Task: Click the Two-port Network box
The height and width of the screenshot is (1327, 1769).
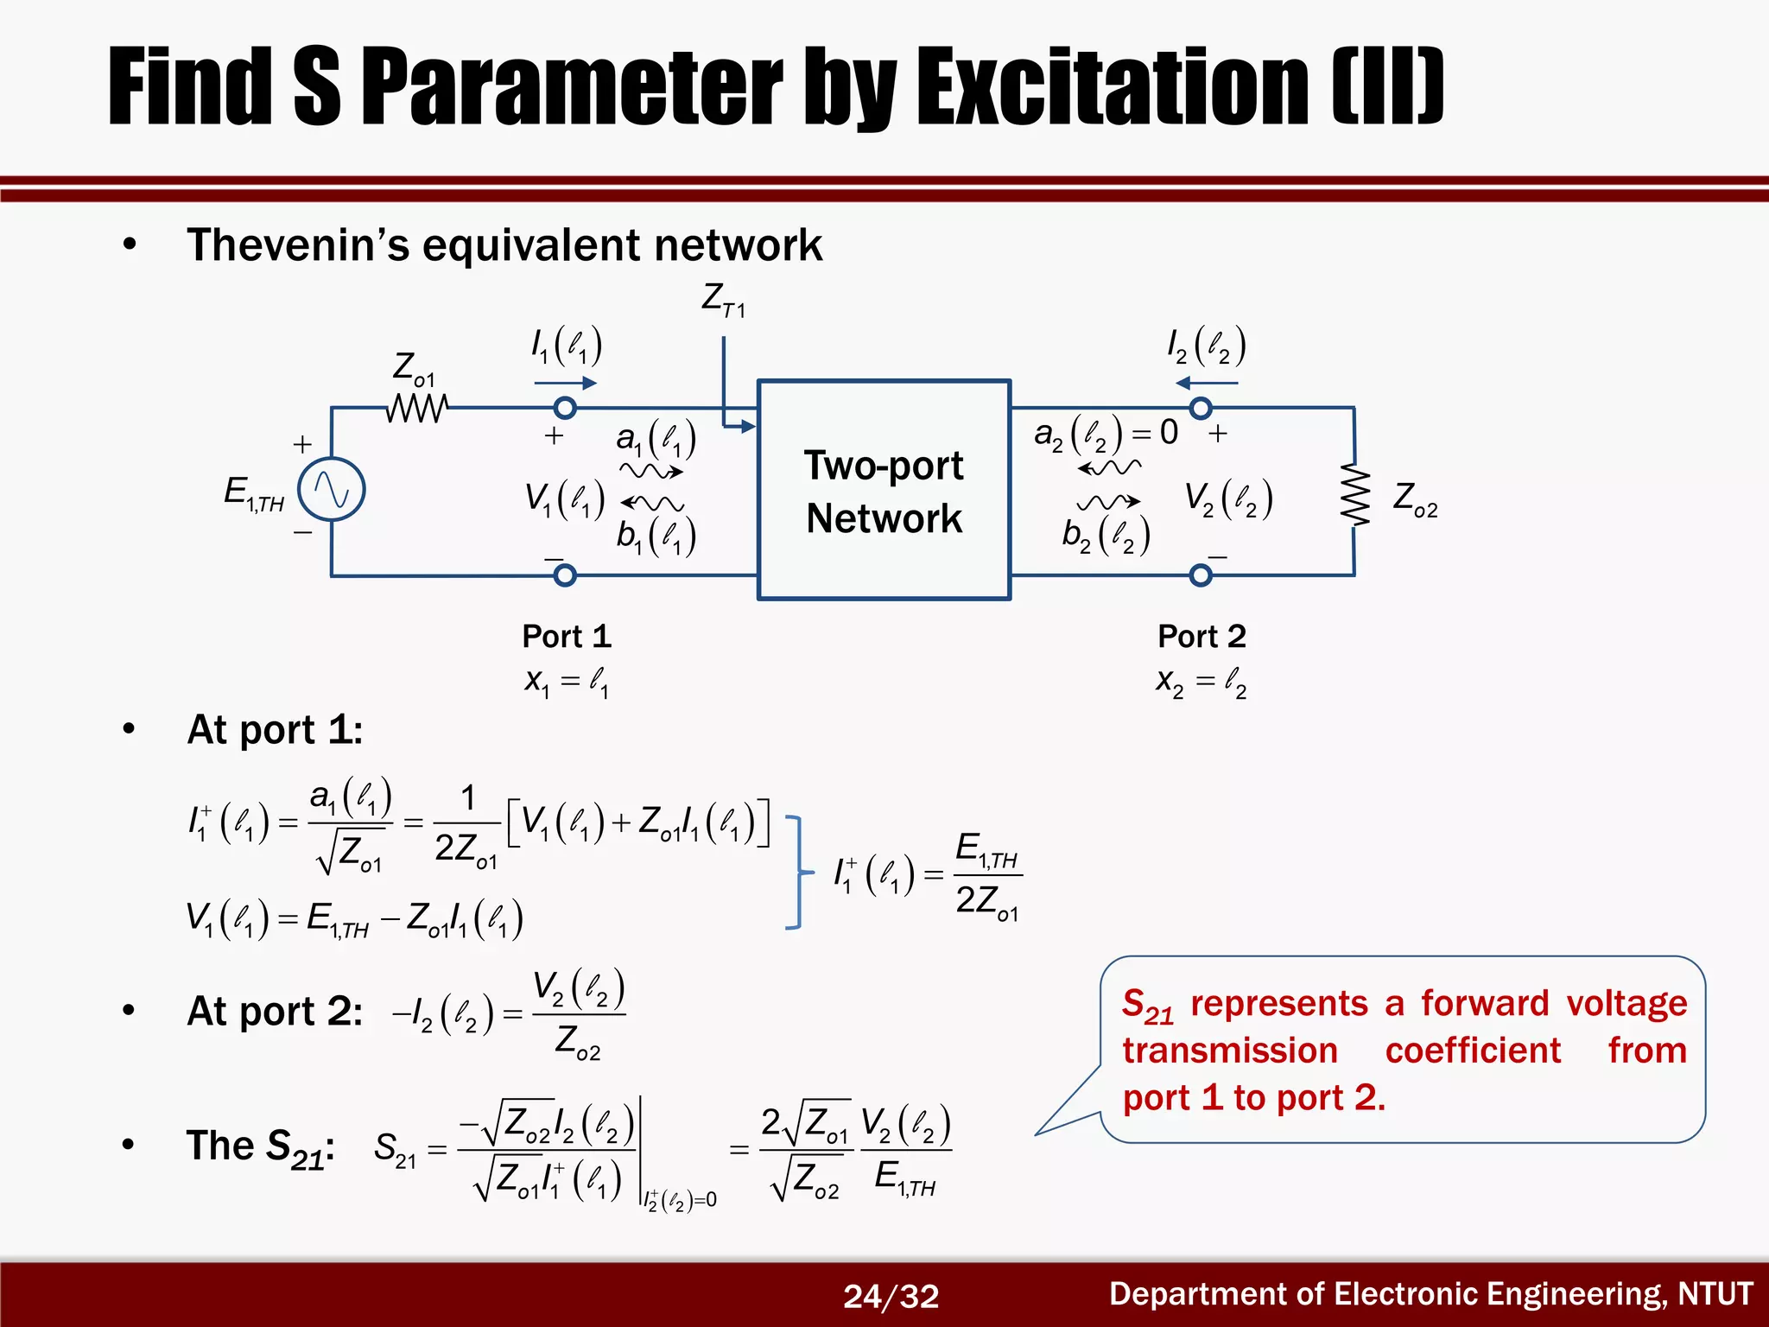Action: [x=884, y=490]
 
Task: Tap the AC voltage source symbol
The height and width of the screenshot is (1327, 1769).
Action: [x=331, y=490]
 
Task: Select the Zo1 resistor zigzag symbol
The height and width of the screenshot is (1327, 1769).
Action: [x=417, y=408]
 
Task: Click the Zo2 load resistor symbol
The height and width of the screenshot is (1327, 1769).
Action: [x=1354, y=494]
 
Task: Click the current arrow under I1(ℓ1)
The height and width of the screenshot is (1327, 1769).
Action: [x=565, y=383]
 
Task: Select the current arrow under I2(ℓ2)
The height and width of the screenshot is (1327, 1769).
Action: [x=1207, y=383]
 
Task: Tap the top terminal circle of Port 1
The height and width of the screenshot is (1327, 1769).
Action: [x=564, y=408]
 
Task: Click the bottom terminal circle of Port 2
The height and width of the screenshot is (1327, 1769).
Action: [x=1201, y=575]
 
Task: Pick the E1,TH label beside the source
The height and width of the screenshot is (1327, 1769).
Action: [x=253, y=494]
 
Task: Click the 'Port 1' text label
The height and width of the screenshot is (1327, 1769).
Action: [x=567, y=637]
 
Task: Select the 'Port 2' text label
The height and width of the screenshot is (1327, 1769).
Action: [x=1202, y=637]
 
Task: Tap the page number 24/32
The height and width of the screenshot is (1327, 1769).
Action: [x=891, y=1296]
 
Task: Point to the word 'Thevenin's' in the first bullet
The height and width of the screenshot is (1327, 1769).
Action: [x=298, y=245]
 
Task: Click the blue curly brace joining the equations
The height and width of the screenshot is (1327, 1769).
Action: [x=798, y=873]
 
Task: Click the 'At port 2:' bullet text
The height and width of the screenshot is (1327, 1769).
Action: [x=275, y=1011]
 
